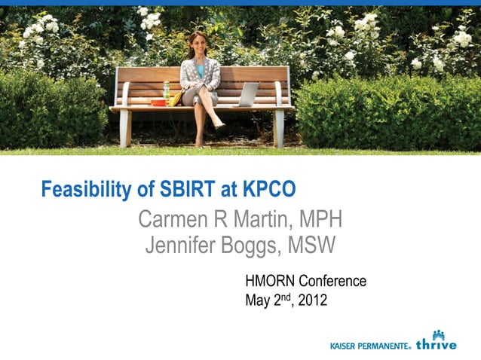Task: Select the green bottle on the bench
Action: (167, 90)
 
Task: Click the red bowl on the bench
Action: (158, 102)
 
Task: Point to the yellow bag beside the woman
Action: (176, 98)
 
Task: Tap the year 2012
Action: (313, 301)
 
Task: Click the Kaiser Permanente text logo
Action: (370, 346)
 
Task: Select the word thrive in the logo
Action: (437, 345)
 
